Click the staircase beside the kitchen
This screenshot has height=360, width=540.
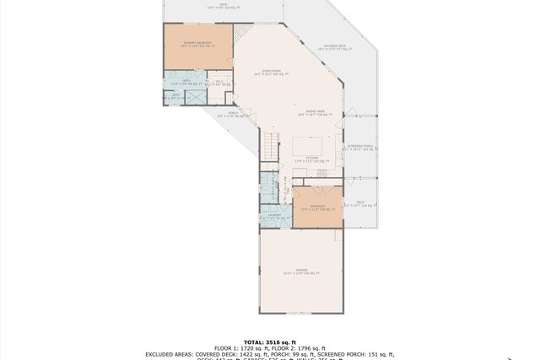[x=271, y=144]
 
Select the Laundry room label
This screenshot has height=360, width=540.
[x=275, y=218]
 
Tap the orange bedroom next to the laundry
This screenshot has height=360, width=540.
[x=317, y=208]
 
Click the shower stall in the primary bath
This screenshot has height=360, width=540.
[x=195, y=97]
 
